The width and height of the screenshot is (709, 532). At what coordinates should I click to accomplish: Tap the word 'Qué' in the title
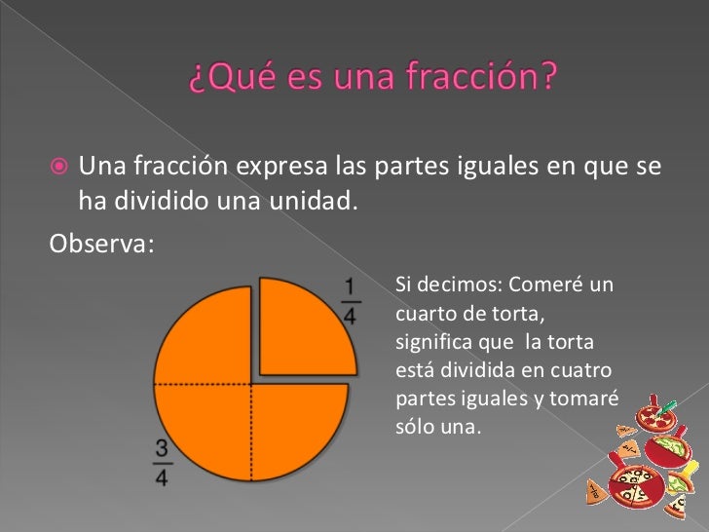(x=228, y=77)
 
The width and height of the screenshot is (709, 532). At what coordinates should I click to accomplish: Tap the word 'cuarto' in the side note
(x=426, y=314)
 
